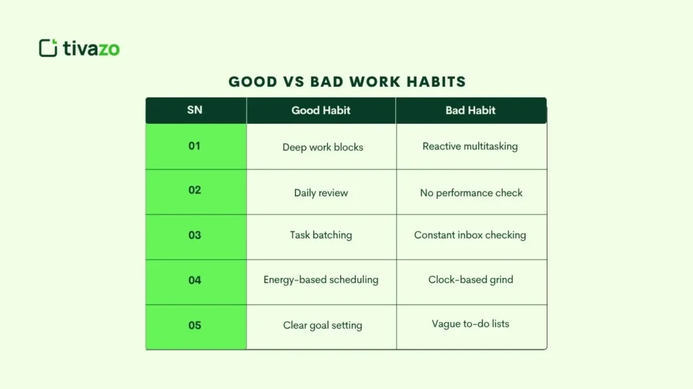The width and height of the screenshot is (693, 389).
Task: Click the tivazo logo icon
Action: click(x=48, y=48)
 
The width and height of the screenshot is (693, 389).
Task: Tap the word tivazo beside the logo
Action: click(x=91, y=49)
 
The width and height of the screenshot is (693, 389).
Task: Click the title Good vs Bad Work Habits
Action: click(x=347, y=82)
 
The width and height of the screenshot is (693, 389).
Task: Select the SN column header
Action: click(x=195, y=110)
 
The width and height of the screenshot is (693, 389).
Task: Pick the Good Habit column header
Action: click(x=321, y=110)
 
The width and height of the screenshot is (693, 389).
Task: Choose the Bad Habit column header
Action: click(x=470, y=110)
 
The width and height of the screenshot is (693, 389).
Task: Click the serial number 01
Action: click(x=195, y=145)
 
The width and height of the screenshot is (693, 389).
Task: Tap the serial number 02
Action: click(x=195, y=190)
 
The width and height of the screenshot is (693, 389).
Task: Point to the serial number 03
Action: click(x=195, y=235)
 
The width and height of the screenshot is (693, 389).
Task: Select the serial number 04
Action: click(x=195, y=280)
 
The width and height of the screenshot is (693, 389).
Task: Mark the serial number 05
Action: click(x=195, y=325)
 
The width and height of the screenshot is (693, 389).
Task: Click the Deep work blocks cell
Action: click(x=323, y=147)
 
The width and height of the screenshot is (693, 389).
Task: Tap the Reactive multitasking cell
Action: click(x=470, y=146)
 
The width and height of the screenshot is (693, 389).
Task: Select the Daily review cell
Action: click(x=321, y=193)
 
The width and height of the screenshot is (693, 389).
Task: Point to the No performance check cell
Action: click(x=471, y=193)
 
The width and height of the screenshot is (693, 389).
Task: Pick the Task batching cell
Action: click(x=321, y=235)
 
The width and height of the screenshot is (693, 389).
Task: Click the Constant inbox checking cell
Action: click(x=470, y=235)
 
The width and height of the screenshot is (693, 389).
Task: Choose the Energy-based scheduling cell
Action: click(x=321, y=279)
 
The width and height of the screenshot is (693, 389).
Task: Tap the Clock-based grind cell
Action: click(x=470, y=279)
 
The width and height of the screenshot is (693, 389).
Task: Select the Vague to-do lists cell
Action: click(x=470, y=324)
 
